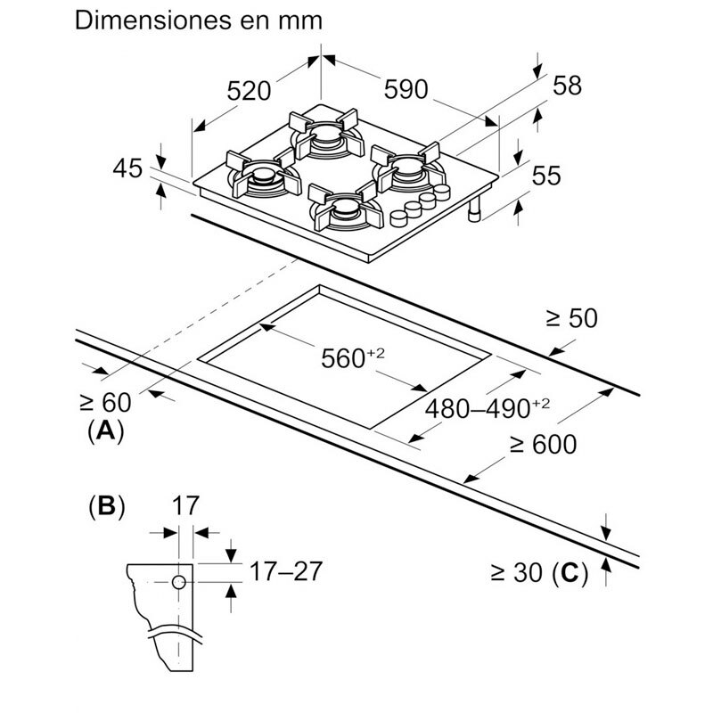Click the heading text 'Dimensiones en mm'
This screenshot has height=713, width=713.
click(x=198, y=20)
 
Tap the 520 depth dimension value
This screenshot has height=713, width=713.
click(x=249, y=91)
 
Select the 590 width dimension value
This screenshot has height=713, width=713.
click(x=406, y=89)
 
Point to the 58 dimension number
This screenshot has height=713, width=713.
click(x=567, y=86)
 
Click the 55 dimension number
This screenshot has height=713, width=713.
click(x=545, y=176)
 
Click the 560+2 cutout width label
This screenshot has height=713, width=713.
click(x=350, y=358)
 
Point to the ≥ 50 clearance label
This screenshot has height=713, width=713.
click(x=570, y=318)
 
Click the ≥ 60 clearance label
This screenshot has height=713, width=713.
click(x=105, y=402)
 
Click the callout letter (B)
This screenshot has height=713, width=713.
click(x=106, y=507)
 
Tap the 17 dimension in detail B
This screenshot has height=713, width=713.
click(x=184, y=506)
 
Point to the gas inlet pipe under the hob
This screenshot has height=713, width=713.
click(x=475, y=210)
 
